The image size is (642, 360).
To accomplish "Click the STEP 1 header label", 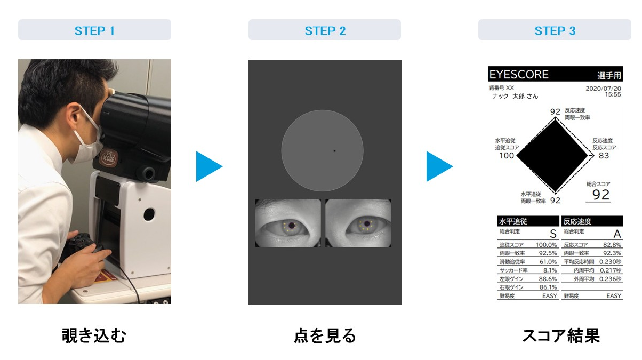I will pyautogui.click(x=94, y=30).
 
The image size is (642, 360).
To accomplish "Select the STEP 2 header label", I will pyautogui.click(x=325, y=30).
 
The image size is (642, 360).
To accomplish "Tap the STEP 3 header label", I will pyautogui.click(x=555, y=30).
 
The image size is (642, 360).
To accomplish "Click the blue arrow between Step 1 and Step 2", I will pyautogui.click(x=208, y=166).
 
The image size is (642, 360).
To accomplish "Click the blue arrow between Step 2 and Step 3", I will pyautogui.click(x=438, y=166).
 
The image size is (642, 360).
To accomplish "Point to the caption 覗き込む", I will pyautogui.click(x=94, y=335).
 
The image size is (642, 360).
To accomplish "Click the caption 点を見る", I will pyautogui.click(x=325, y=335).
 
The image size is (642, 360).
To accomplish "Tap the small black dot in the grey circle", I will pyautogui.click(x=334, y=151).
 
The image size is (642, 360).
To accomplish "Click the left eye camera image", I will pyautogui.click(x=288, y=223).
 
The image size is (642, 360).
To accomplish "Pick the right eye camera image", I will pyautogui.click(x=358, y=223).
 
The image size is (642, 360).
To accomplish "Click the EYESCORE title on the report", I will pyautogui.click(x=519, y=75).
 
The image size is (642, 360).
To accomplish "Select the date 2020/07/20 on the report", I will pyautogui.click(x=603, y=87).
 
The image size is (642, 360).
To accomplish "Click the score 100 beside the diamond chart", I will pyautogui.click(x=507, y=156).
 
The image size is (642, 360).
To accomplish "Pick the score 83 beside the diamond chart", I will pyautogui.click(x=604, y=156).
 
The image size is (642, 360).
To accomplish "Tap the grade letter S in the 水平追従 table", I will pyautogui.click(x=553, y=234).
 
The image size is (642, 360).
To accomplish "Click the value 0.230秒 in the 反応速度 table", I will pyautogui.click(x=611, y=261).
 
